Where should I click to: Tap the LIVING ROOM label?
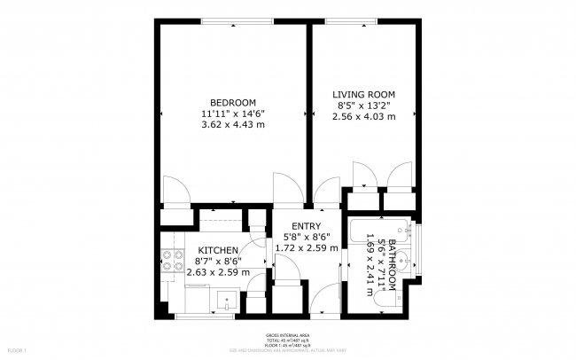pyautogui.click(x=363, y=94)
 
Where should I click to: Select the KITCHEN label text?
pyautogui.click(x=218, y=250)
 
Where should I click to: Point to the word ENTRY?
pyautogui.click(x=307, y=225)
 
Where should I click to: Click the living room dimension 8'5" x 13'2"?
pyautogui.click(x=363, y=106)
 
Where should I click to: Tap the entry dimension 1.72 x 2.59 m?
pyautogui.click(x=307, y=248)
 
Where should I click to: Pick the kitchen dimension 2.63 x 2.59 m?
pyautogui.click(x=218, y=272)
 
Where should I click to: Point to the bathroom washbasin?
pyautogui.click(x=402, y=262)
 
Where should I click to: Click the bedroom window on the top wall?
pyautogui.click(x=234, y=21)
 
